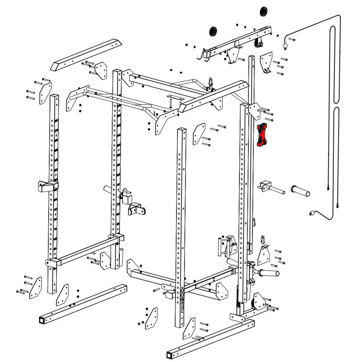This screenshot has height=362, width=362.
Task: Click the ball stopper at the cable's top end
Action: pos(285,45)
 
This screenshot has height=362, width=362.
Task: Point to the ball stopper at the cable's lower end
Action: pos(311,213)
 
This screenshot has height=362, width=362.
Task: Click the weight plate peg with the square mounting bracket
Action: pos(270,187)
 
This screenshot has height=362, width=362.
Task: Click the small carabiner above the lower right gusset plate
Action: pos(263,238)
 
